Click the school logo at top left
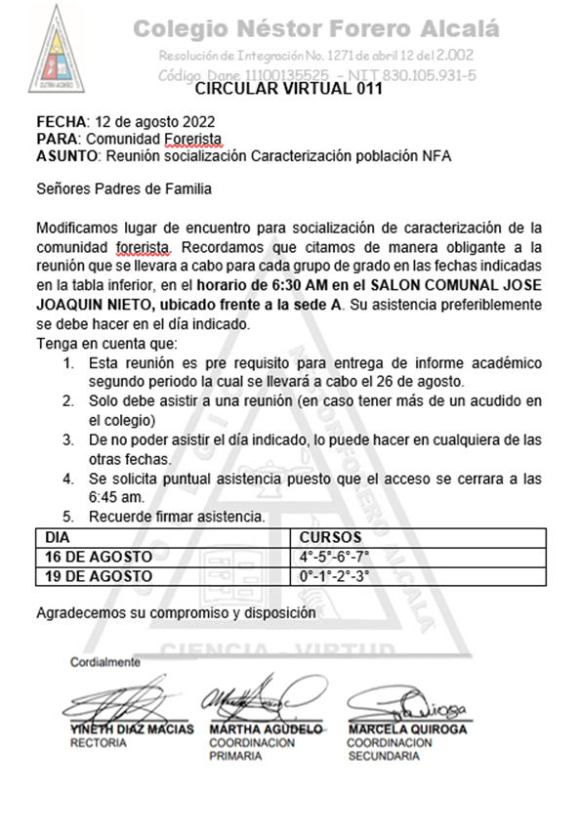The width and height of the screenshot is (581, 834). (62, 50)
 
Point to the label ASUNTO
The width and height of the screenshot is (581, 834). (66, 155)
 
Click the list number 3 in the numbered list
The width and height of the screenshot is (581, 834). (68, 440)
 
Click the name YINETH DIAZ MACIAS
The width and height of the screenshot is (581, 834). (132, 729)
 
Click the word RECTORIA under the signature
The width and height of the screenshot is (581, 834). (99, 743)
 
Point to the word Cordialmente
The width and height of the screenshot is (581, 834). (104, 662)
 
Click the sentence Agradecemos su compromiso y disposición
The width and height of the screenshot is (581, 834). (176, 612)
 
